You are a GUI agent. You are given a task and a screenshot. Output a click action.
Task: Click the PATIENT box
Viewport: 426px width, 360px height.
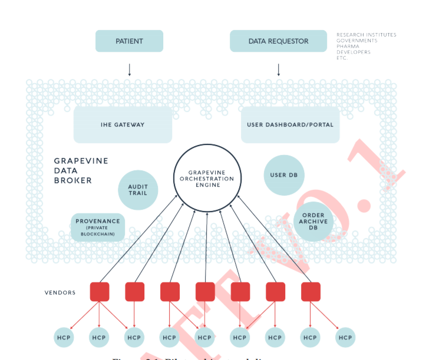click(129, 41)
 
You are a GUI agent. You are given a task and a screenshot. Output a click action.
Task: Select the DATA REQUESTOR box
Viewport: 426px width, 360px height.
click(278, 41)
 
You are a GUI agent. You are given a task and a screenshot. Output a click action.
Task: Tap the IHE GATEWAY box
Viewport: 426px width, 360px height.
click(123, 124)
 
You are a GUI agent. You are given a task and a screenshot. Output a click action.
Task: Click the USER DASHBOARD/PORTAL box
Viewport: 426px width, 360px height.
click(290, 124)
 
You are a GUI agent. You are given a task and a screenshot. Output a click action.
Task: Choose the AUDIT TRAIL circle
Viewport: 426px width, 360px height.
click(138, 190)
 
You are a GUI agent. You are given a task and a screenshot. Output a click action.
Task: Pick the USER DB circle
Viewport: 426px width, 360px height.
click(284, 175)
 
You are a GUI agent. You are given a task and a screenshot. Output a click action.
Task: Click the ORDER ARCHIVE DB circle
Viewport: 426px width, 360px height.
click(313, 222)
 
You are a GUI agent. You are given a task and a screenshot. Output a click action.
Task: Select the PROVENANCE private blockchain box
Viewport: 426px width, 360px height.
click(98, 227)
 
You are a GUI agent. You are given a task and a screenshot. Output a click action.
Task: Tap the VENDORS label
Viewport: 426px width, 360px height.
click(60, 293)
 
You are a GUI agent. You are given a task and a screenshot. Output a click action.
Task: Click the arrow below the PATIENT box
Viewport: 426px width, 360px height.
click(130, 70)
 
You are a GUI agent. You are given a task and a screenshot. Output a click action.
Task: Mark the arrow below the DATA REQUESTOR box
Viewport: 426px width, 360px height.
click(278, 70)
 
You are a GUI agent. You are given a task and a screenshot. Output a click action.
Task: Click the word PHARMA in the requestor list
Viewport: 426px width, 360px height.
click(348, 47)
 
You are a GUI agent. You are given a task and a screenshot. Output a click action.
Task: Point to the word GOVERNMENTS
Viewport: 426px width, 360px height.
click(357, 41)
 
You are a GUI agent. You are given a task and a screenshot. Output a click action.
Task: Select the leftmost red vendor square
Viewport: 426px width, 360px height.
click(100, 292)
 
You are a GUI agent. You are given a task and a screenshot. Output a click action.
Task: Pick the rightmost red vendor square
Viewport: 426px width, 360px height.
click(311, 292)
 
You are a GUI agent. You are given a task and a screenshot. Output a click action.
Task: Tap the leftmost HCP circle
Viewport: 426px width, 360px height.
click(64, 338)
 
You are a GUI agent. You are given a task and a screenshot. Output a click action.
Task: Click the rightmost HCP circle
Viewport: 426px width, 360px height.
click(345, 338)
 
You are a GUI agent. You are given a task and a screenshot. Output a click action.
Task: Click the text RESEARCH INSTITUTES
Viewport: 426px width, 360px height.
click(366, 35)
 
